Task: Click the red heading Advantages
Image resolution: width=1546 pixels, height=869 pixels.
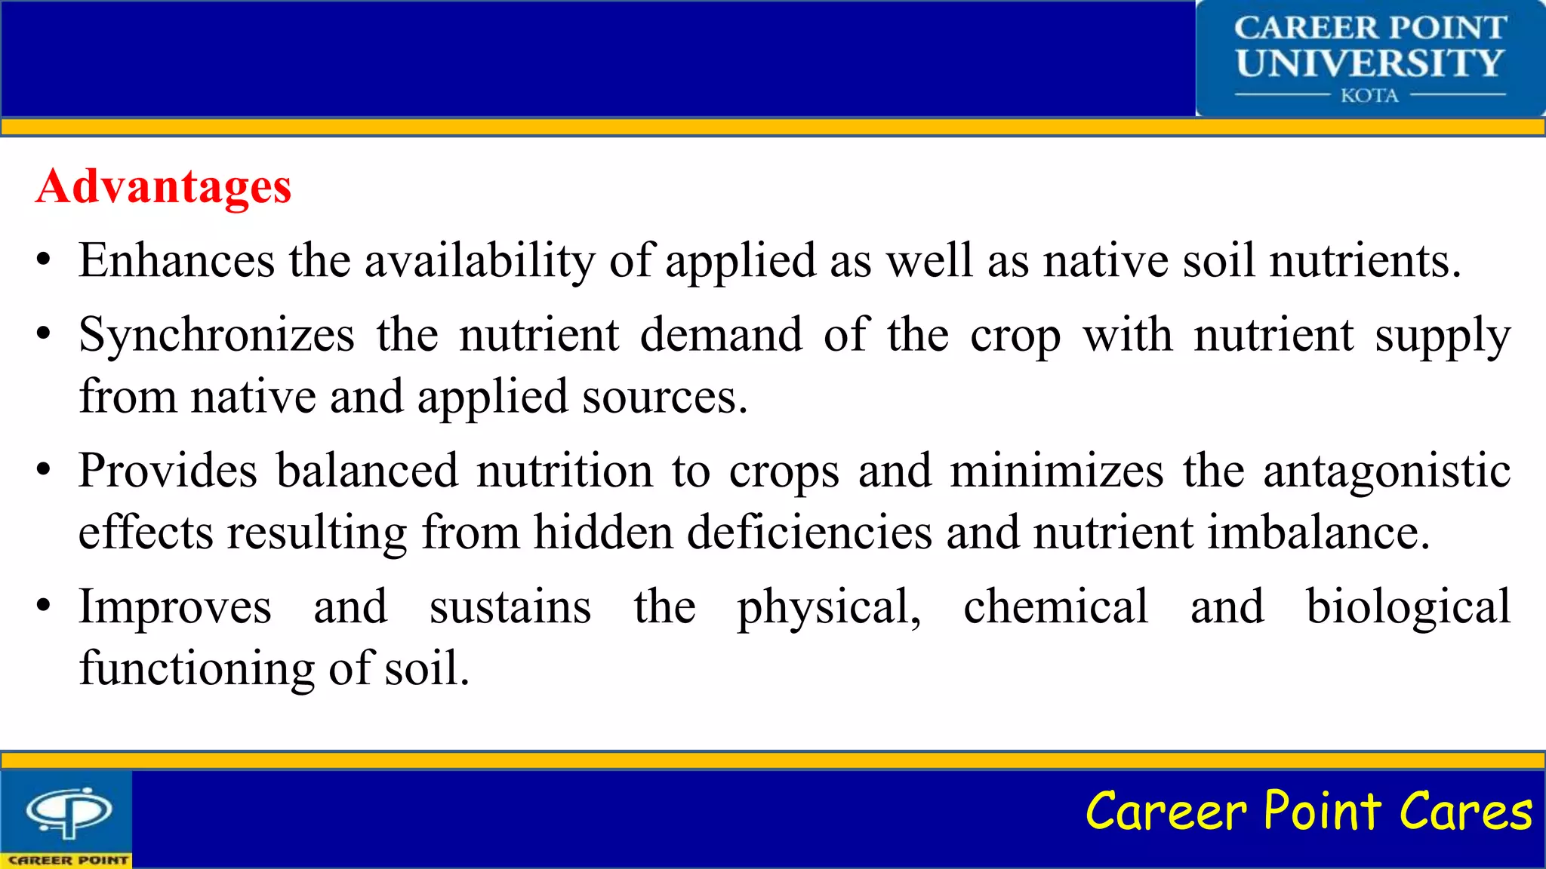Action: tap(163, 186)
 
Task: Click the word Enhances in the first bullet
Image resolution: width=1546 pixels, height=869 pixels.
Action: tap(177, 261)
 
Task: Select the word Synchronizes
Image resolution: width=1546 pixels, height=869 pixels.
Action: tap(217, 335)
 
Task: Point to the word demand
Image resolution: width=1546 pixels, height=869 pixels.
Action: tap(721, 335)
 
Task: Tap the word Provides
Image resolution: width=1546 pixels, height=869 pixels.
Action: tap(168, 471)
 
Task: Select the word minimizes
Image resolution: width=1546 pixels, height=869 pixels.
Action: tap(1057, 471)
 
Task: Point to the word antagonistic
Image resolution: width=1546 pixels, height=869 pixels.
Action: tap(1387, 472)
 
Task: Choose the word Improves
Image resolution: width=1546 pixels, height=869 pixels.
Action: tap(175, 608)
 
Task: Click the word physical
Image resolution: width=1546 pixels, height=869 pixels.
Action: tap(828, 608)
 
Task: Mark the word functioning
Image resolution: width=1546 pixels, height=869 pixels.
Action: tap(197, 669)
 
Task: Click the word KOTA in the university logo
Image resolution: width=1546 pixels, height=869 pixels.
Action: tap(1369, 96)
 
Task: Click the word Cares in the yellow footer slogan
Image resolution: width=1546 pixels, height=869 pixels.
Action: tap(1465, 812)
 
